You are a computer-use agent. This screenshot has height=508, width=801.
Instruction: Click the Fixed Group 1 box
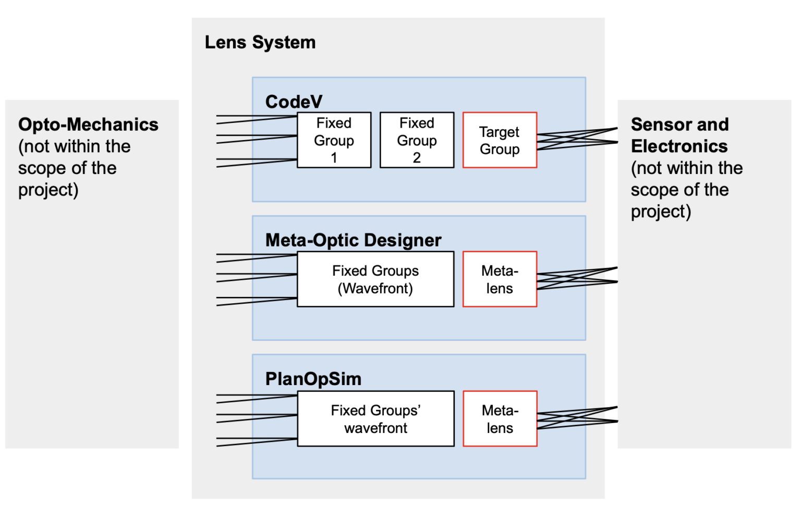point(334,140)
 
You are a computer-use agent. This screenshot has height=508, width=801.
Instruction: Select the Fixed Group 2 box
point(417,140)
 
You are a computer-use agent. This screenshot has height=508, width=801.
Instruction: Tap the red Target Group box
point(500,140)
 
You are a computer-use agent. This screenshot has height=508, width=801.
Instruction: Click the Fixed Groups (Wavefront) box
point(375,279)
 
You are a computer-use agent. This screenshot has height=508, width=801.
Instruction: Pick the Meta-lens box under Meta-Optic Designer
point(500,279)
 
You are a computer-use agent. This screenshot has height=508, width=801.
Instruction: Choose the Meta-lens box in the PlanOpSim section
point(500,419)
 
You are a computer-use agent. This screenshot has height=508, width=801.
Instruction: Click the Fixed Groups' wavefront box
point(375,419)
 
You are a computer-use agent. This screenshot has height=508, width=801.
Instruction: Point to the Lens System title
point(260,42)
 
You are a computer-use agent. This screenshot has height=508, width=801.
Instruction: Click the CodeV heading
point(294,102)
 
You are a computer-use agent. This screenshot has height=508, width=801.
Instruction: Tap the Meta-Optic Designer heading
point(353,240)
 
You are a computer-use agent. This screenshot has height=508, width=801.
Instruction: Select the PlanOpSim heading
point(313,379)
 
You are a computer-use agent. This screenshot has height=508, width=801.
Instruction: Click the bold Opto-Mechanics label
point(88,125)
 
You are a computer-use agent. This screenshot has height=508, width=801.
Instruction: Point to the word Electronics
point(679,146)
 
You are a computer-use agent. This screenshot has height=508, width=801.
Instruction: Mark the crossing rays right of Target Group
point(576,139)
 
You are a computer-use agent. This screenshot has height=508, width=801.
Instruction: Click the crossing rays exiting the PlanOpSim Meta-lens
point(576,417)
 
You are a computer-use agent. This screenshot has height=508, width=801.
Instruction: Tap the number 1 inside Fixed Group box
point(334,158)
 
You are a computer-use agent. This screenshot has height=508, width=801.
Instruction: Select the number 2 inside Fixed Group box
point(417,158)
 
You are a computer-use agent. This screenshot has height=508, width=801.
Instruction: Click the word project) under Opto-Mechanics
point(48,190)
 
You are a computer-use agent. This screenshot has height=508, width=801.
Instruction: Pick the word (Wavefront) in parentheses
point(375,289)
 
